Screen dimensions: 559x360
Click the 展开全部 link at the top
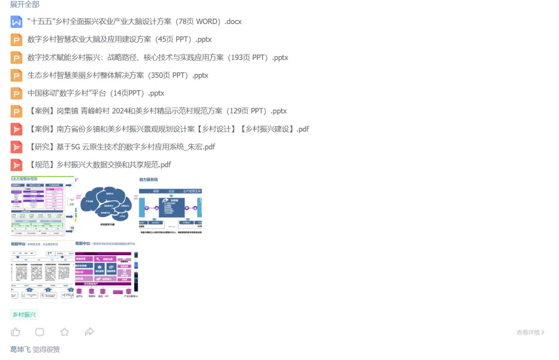(25, 4)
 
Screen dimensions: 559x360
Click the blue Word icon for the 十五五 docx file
(17, 22)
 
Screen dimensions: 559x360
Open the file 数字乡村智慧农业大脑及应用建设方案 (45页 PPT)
(120, 39)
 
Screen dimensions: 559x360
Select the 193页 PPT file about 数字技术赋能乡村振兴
(158, 57)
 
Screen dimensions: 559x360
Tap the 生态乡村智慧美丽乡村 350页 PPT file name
(118, 75)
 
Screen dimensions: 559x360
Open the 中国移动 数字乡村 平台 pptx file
(96, 93)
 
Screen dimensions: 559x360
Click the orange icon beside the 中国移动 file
(17, 93)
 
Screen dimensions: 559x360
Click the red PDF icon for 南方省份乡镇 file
(17, 129)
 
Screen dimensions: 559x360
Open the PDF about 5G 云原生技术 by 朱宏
(121, 147)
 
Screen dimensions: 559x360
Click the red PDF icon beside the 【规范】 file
(17, 164)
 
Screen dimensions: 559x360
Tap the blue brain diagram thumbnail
(107, 205)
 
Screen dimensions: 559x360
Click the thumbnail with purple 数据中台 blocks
(107, 269)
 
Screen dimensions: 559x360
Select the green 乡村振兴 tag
(24, 314)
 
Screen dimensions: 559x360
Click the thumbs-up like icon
(16, 332)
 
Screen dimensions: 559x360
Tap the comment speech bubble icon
(40, 332)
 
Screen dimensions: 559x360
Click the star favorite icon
(64, 332)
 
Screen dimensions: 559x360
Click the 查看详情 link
(530, 333)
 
